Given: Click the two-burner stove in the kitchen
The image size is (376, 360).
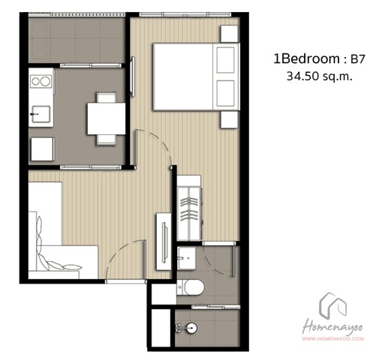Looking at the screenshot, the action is (x=41, y=81).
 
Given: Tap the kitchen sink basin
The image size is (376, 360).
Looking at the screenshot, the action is (x=41, y=114).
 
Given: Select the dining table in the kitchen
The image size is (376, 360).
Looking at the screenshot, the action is (x=106, y=118).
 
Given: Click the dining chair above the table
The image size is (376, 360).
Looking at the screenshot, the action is (x=107, y=97).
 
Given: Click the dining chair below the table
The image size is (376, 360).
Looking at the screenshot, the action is (x=107, y=140).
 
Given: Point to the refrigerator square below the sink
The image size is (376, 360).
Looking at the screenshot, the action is (x=43, y=149).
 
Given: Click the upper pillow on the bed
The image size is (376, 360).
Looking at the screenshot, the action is (x=226, y=60).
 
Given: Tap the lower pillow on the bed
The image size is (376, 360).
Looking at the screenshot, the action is (x=226, y=93).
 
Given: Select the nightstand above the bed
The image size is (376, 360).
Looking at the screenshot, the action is (x=229, y=34).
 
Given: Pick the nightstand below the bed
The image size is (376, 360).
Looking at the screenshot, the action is (x=229, y=119).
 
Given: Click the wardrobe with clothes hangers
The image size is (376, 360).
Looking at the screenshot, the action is (x=189, y=208).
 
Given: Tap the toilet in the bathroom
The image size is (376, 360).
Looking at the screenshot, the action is (x=191, y=287).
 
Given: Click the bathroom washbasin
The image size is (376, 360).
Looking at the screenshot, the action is (x=187, y=258).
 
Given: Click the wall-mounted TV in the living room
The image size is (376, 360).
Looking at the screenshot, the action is (x=164, y=242).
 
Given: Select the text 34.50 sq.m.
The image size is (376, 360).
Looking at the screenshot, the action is (x=320, y=76).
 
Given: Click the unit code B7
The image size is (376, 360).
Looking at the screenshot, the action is (x=357, y=59).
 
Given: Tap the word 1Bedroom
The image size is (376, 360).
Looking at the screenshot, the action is (x=307, y=59).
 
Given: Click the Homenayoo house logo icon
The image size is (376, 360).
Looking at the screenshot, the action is (x=332, y=306).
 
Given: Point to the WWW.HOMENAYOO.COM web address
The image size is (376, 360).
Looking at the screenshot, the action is (x=332, y=339).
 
